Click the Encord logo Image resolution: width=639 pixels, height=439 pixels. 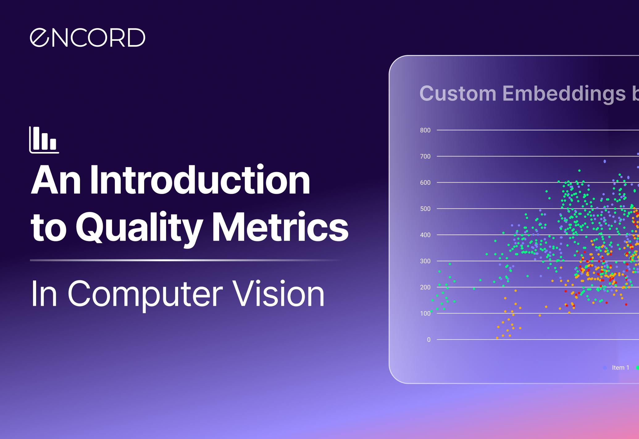[87, 38]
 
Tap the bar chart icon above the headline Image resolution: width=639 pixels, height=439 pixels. [44, 140]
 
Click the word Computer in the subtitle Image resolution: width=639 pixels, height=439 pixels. [145, 293]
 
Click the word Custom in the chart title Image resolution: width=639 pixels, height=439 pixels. [458, 93]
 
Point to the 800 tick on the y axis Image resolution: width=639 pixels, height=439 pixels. [425, 130]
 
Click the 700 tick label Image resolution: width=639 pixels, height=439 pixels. [425, 157]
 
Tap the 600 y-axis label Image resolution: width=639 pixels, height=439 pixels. [425, 183]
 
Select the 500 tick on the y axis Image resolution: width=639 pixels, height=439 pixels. [425, 209]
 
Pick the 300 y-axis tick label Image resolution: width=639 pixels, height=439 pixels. [425, 261]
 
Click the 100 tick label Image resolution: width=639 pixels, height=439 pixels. [425, 314]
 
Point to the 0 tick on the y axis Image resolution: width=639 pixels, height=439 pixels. [428, 340]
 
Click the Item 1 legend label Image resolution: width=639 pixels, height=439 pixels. [620, 368]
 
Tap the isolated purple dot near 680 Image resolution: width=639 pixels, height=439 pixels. [604, 161]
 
